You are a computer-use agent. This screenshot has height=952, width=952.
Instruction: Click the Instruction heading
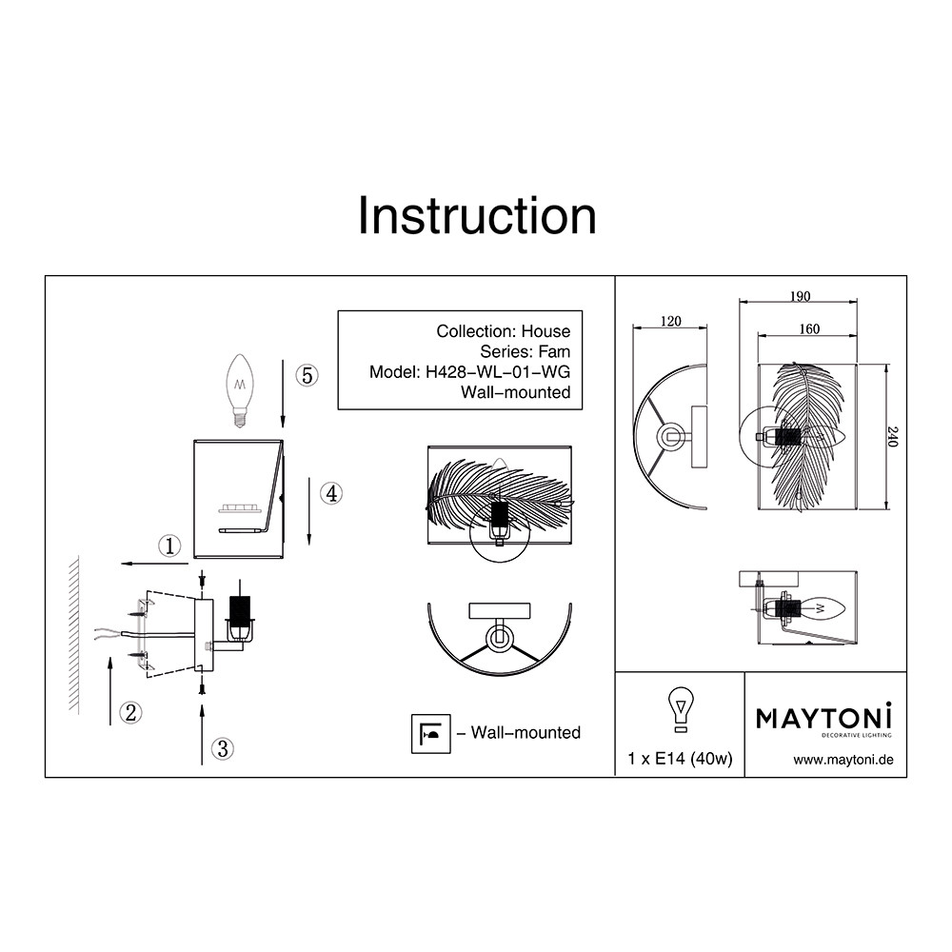coord(477,216)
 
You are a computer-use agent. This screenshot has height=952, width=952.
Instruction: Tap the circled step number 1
coord(169,545)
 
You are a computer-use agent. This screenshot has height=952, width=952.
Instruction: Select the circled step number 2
coord(130,711)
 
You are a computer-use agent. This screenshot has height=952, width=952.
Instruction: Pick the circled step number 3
coord(222,749)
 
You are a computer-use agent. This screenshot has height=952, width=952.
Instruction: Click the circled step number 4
coord(329,493)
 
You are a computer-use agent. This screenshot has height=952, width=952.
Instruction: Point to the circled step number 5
coord(306,375)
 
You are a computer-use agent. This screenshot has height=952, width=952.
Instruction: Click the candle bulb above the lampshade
coord(240,388)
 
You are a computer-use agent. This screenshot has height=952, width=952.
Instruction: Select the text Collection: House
coord(504,331)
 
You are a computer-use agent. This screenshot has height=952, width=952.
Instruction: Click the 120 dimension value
coord(670,323)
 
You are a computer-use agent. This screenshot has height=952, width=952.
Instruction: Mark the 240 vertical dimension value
coord(892,437)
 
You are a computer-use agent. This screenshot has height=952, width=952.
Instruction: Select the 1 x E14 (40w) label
coord(680,759)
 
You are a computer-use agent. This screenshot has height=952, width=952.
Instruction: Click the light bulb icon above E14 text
coord(680,710)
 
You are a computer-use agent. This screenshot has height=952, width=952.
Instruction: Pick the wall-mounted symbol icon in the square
coord(430,733)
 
